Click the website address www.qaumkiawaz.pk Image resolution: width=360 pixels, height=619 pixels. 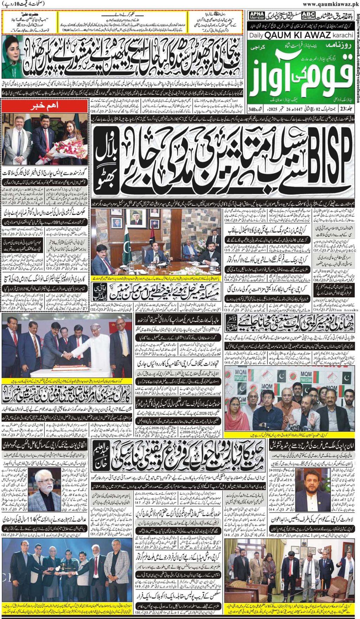pos(330,4)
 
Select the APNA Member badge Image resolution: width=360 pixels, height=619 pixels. pos(257,16)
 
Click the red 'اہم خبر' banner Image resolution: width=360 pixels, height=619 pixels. pos(45,106)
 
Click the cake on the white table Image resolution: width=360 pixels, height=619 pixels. pos(64,368)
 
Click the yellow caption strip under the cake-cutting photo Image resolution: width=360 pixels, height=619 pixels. pos(67,381)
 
